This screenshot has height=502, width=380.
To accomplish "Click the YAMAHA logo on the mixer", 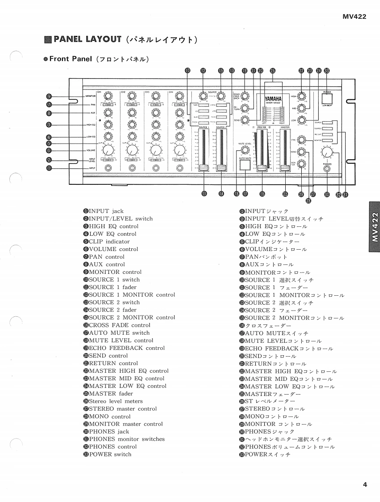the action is [273, 99].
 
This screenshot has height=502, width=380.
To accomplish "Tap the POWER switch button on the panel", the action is [327, 99].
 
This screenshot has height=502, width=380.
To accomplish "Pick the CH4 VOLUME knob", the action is [179, 150].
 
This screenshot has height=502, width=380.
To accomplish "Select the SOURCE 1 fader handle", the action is [204, 168].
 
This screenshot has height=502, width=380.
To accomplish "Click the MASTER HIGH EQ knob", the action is [302, 96].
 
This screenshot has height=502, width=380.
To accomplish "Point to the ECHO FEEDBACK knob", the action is [245, 96].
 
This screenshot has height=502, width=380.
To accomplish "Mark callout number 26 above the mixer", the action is [273, 70].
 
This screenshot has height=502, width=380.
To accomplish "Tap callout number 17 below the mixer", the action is [245, 193].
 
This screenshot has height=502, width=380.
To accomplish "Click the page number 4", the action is [365, 484].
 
